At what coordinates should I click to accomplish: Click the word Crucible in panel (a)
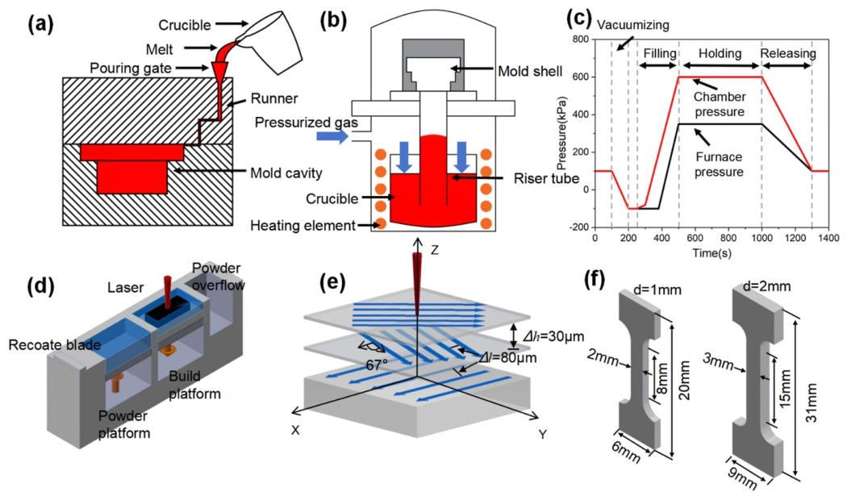click(x=184, y=25)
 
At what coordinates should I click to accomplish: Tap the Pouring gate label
click(x=131, y=68)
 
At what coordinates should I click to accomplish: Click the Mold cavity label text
click(x=286, y=173)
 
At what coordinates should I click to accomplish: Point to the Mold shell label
click(x=530, y=71)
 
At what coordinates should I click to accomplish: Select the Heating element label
click(x=302, y=225)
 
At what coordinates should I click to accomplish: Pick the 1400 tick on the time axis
click(x=828, y=238)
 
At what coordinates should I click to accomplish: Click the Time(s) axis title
click(x=712, y=252)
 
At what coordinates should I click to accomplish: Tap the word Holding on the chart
click(x=720, y=53)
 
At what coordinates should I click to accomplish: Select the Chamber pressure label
click(x=720, y=104)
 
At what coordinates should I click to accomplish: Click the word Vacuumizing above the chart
click(x=633, y=25)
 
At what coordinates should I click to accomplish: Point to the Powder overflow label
click(x=217, y=276)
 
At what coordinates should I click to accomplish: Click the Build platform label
click(x=194, y=385)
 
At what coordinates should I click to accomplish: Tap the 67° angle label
click(x=376, y=365)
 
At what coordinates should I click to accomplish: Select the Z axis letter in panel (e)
click(x=434, y=250)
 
